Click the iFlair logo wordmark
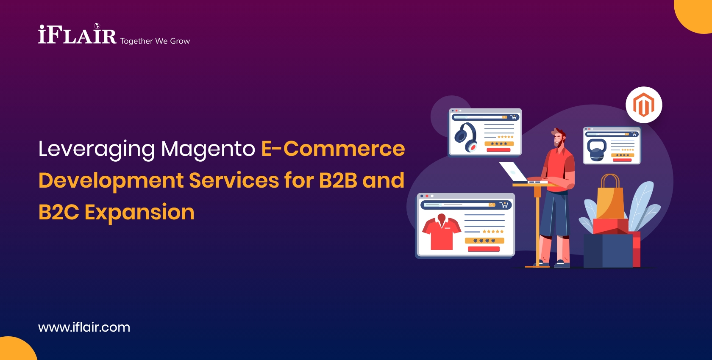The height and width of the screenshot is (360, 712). [x=77, y=35]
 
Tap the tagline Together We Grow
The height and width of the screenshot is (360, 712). [x=155, y=41]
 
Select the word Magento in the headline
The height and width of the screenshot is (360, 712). [x=208, y=149]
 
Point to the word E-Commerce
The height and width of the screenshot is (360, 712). [x=333, y=149]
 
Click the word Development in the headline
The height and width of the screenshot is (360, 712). [x=111, y=181]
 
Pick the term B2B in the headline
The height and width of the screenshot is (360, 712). [x=338, y=180]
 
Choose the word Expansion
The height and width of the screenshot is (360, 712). [x=139, y=212]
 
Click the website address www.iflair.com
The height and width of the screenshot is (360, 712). [x=84, y=327]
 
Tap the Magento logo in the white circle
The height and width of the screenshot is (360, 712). [x=644, y=105]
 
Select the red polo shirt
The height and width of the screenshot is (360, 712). [x=441, y=232]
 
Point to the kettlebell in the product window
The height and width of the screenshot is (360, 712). [x=597, y=150]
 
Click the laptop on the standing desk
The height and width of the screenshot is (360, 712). [x=515, y=172]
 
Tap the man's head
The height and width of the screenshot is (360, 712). [x=559, y=137]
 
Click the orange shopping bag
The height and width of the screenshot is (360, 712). [x=610, y=199]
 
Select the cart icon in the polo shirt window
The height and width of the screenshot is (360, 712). [x=503, y=205]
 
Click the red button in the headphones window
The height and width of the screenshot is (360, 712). [x=498, y=150]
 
